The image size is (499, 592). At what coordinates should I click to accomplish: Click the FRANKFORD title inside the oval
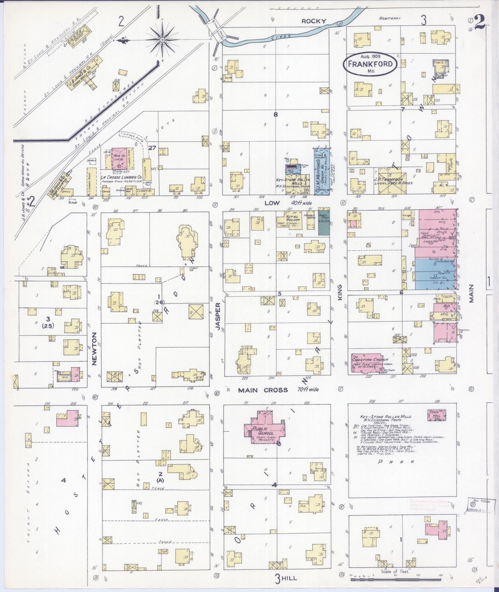coord(370,64)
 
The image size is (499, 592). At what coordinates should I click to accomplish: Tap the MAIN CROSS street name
coord(263,390)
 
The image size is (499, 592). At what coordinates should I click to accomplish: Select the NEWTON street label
coord(94,348)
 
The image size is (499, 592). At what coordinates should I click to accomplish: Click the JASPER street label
coord(218,316)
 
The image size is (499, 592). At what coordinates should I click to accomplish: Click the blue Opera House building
coord(322,171)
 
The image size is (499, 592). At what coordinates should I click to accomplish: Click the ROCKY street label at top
coord(314,21)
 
